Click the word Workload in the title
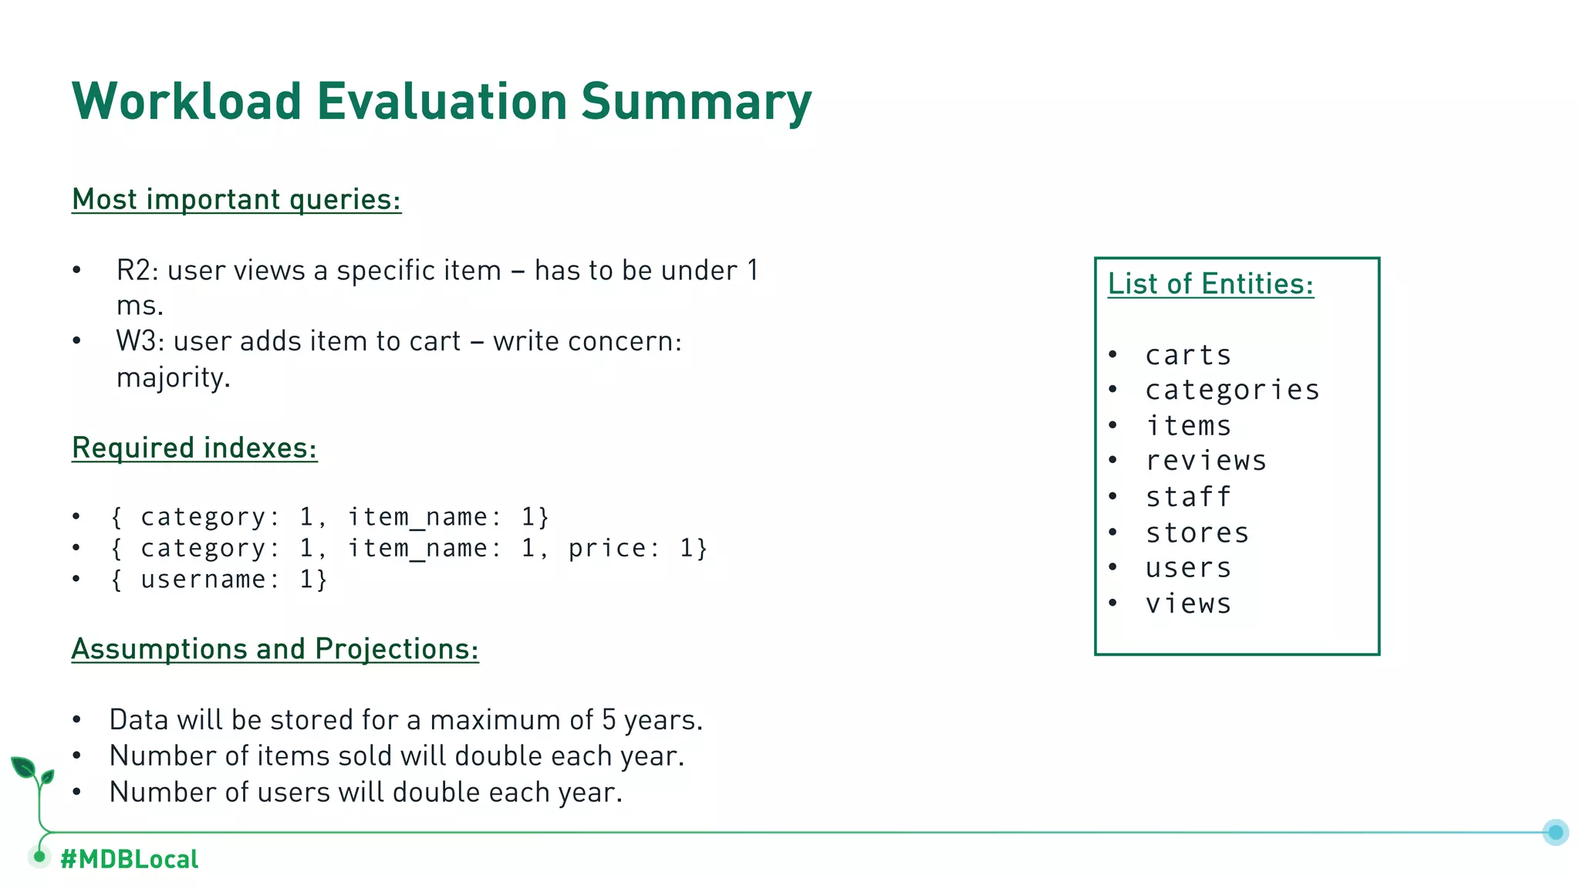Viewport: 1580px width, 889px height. pyautogui.click(x=186, y=101)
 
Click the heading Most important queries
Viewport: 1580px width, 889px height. pyautogui.click(x=236, y=200)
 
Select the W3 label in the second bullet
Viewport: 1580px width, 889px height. pyautogui.click(x=136, y=342)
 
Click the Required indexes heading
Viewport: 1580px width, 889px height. pyautogui.click(x=194, y=448)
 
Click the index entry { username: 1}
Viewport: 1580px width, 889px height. pyautogui.click(x=220, y=580)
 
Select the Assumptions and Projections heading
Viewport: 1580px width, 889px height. pyautogui.click(x=275, y=649)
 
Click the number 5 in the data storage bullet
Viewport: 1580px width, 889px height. pyautogui.click(x=609, y=720)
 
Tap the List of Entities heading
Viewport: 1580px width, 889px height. pyautogui.click(x=1210, y=284)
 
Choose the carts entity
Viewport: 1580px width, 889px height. pyautogui.click(x=1188, y=356)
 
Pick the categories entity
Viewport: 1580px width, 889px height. pyautogui.click(x=1232, y=390)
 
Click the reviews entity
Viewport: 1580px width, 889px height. pyautogui.click(x=1206, y=461)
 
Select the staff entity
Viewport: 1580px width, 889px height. pyautogui.click(x=1188, y=497)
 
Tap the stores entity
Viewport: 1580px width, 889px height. pyautogui.click(x=1197, y=532)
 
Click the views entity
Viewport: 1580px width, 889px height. pyautogui.click(x=1188, y=604)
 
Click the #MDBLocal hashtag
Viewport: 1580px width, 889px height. pyautogui.click(x=129, y=859)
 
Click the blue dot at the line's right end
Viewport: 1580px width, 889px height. pyautogui.click(x=1555, y=832)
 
